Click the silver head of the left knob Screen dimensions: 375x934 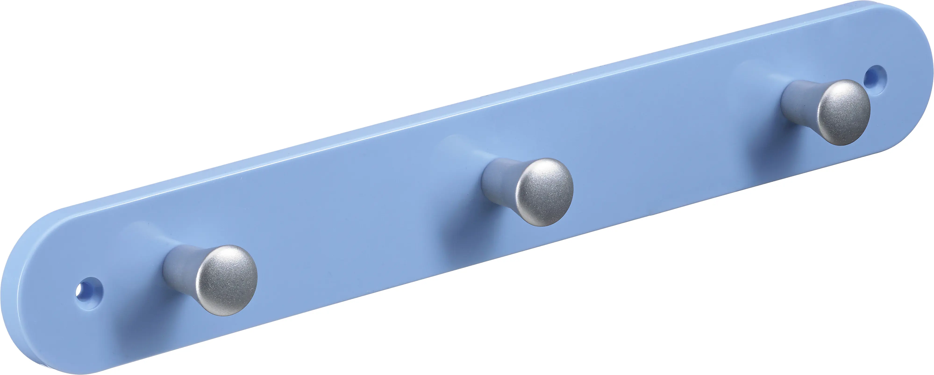(227, 280)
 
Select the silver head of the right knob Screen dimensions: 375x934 (845, 112)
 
